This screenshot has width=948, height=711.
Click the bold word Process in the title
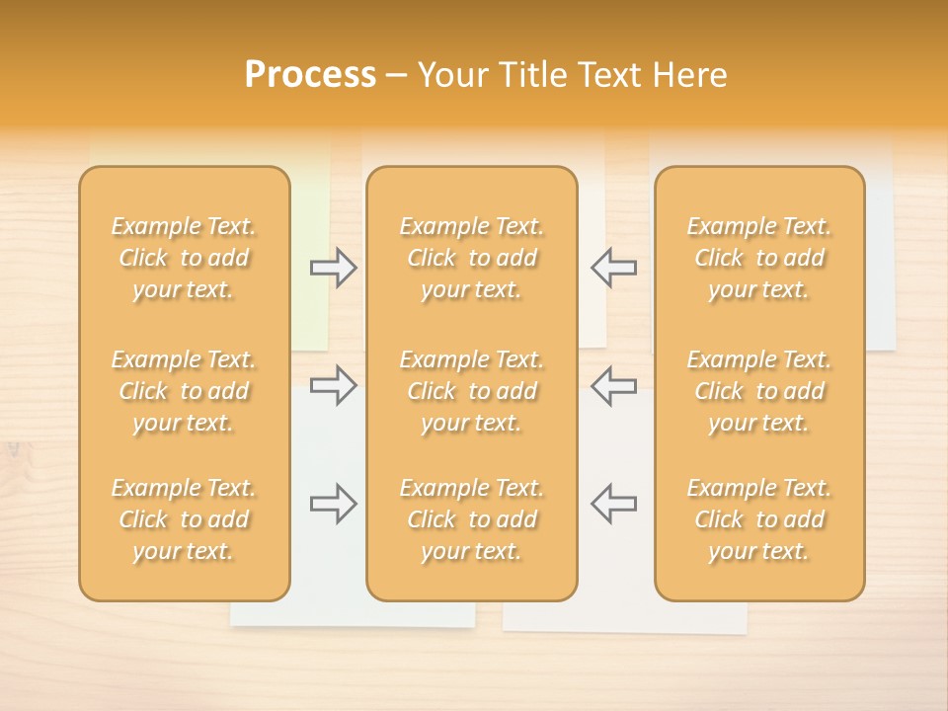310,75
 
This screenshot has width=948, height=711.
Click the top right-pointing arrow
333,268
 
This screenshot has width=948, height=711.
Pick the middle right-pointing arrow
333,385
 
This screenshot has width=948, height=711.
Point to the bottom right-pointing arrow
333,504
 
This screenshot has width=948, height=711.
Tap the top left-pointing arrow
613,268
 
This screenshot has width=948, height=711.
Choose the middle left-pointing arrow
613,385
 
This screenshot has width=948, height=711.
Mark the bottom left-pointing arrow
613,504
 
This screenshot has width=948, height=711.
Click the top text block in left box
184,258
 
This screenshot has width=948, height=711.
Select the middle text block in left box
184,391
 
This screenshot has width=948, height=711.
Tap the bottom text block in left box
184,519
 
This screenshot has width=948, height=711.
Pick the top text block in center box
471,258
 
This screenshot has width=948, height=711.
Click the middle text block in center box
471,391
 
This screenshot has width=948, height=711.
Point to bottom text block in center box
471,519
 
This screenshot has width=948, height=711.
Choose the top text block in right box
759,258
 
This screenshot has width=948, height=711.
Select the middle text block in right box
759,391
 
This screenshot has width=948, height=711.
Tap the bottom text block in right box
759,519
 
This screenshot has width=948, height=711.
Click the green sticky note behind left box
310,326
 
